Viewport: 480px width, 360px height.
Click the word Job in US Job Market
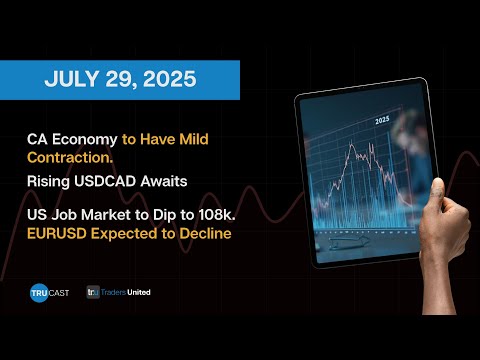click(73, 213)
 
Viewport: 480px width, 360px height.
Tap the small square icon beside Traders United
click(96, 295)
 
